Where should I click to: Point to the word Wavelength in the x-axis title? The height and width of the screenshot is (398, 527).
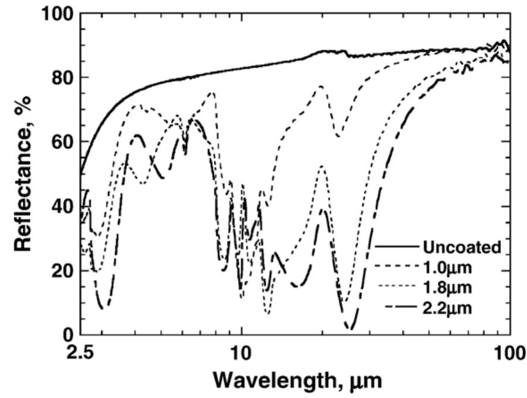pos(261,379)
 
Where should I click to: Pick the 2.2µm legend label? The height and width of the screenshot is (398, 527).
pos(447,308)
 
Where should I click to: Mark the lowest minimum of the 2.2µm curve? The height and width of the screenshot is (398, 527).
pos(352,328)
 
